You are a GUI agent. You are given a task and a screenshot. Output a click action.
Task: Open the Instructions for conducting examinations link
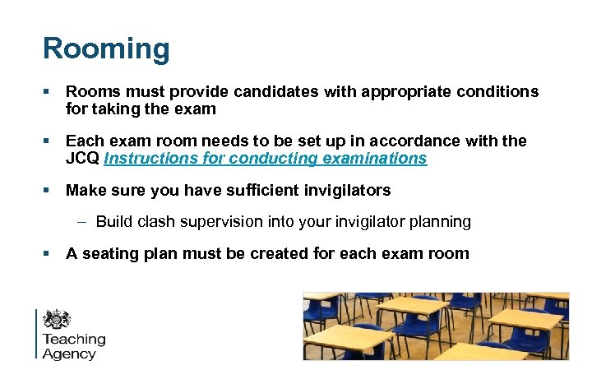click(x=266, y=158)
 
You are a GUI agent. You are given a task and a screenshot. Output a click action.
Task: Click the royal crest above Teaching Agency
click(x=57, y=319)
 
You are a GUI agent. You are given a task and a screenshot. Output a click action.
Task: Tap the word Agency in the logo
click(x=69, y=354)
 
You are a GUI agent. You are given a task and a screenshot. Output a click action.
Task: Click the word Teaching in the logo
click(x=74, y=340)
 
